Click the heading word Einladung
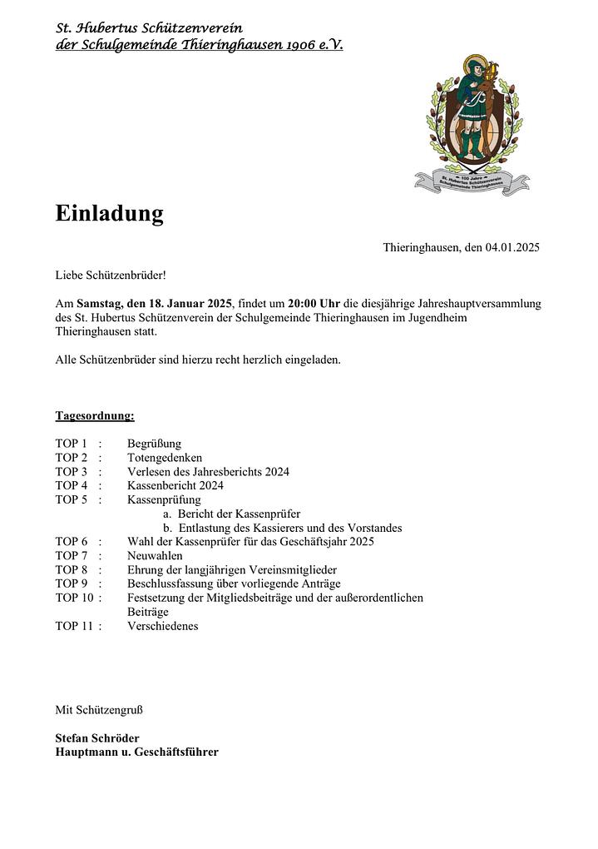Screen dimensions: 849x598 (x=109, y=214)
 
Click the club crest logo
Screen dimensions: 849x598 (x=472, y=125)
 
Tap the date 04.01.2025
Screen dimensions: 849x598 (x=513, y=247)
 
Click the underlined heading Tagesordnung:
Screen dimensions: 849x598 (x=95, y=415)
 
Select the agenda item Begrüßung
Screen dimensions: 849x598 (x=154, y=444)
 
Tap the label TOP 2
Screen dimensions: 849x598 (x=72, y=458)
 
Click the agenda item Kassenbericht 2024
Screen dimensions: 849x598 (x=175, y=485)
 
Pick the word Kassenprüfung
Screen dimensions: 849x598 (x=164, y=499)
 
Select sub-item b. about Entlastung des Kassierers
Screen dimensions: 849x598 (x=283, y=528)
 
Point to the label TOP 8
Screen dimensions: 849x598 (x=72, y=569)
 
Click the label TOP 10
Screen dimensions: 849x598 (x=75, y=598)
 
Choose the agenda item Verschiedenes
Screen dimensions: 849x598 (x=163, y=626)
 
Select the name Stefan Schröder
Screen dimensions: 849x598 (x=97, y=738)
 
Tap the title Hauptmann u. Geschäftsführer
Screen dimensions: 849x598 (x=136, y=752)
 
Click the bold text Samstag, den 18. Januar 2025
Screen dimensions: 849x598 (x=154, y=303)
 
